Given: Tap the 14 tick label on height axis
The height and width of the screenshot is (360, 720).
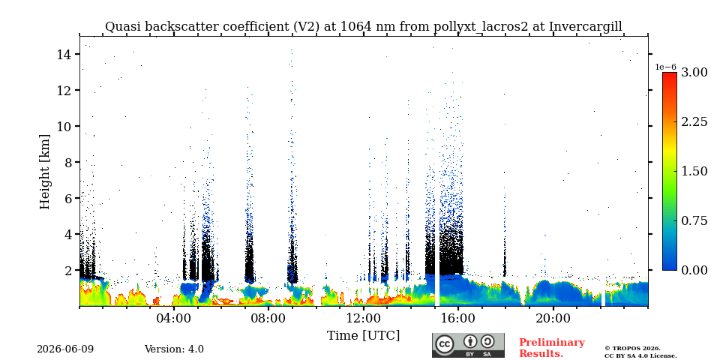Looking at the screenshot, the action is [x=64, y=54].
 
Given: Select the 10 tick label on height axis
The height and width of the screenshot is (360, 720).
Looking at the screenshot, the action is [x=64, y=126].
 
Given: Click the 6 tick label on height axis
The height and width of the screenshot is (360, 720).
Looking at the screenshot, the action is [x=68, y=198].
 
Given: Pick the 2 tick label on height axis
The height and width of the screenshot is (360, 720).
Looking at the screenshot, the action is [x=68, y=270].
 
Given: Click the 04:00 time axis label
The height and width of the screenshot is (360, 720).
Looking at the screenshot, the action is [x=174, y=318].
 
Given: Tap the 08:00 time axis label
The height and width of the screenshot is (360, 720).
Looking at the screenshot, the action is [x=268, y=318].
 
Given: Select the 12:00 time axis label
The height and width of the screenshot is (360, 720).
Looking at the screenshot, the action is [x=363, y=318].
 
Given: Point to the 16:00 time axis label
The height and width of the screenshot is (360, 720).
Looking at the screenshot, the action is [x=457, y=318].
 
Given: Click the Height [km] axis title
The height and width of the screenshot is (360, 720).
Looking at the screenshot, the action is [x=44, y=172].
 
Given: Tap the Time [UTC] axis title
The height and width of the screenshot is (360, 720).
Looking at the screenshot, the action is [x=363, y=335].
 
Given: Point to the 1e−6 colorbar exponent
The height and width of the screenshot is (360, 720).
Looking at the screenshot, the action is [x=665, y=67].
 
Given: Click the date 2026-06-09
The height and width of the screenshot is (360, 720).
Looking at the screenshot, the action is [x=65, y=349].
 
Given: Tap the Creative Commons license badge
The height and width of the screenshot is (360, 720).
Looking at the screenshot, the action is [x=468, y=345].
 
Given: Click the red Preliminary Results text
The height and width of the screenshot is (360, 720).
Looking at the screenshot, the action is [x=552, y=348].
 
